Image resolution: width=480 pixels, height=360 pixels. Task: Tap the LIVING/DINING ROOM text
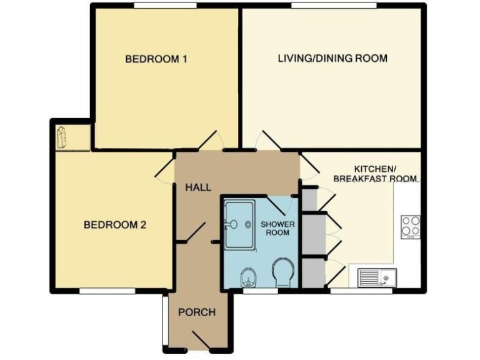pyautogui.click(x=332, y=59)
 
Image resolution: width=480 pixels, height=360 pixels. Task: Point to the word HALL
pyautogui.click(x=197, y=187)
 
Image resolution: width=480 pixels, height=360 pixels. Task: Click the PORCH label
pyautogui.click(x=197, y=312)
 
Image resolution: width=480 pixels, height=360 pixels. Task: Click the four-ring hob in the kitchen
pyautogui.click(x=410, y=226)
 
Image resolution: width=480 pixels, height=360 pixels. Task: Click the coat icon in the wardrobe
pyautogui.click(x=62, y=137)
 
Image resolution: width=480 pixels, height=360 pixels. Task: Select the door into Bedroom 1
pyautogui.click(x=209, y=141)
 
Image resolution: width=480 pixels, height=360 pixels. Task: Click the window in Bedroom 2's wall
pyautogui.click(x=106, y=290)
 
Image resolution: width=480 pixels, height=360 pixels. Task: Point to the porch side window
pyautogui.click(x=163, y=319)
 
